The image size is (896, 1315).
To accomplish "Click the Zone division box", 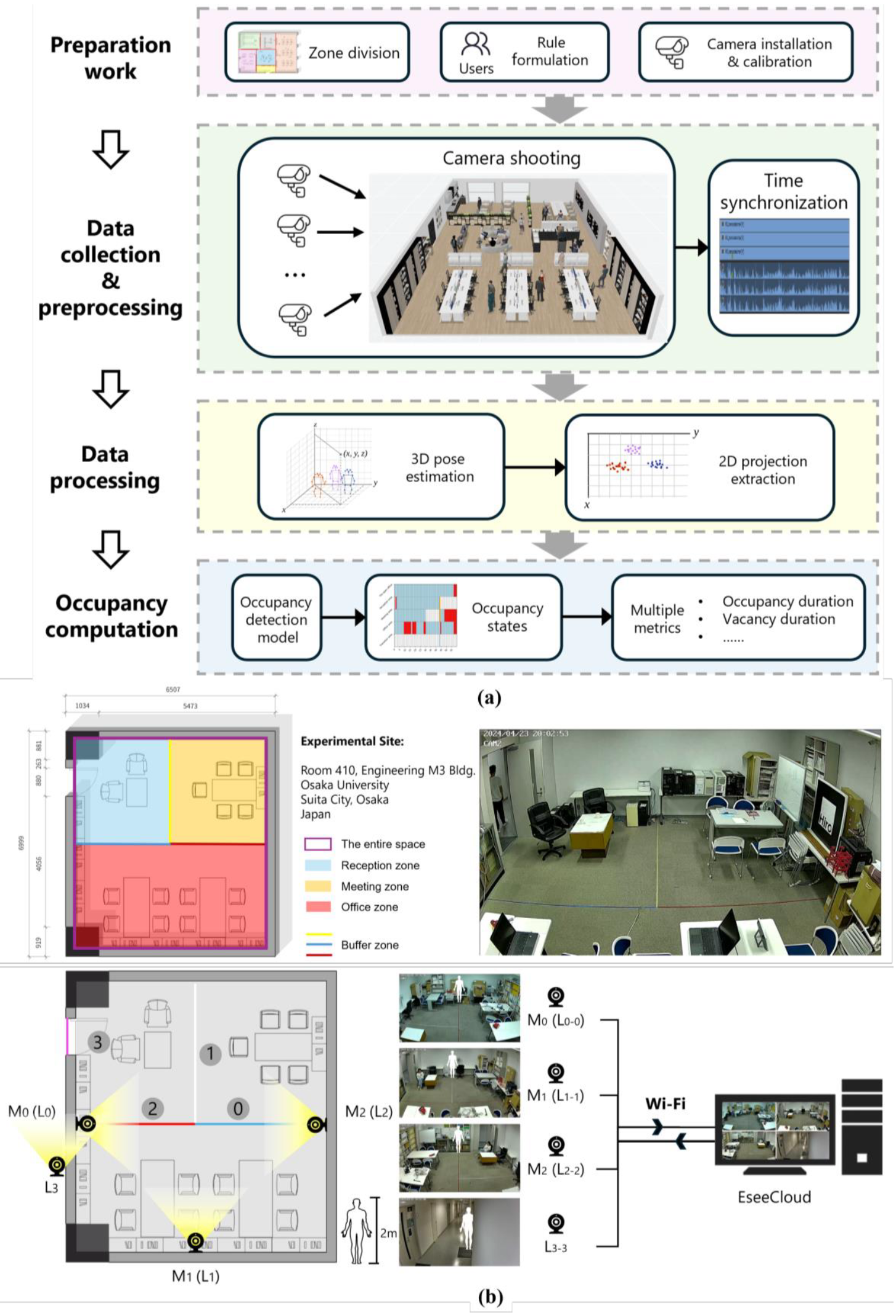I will pyautogui.click(x=317, y=52).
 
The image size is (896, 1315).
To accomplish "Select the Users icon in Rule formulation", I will pyautogui.click(x=476, y=45).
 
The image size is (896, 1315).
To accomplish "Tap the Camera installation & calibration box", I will pyautogui.click(x=746, y=52).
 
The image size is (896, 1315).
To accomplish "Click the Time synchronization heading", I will pyautogui.click(x=783, y=192).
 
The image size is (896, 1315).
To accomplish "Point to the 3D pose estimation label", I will pyautogui.click(x=439, y=468).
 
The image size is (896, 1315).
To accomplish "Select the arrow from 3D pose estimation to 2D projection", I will pyautogui.click(x=534, y=467).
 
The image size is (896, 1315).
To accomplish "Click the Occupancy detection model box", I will pyautogui.click(x=276, y=619).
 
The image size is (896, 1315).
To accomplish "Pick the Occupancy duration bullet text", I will pyautogui.click(x=788, y=601).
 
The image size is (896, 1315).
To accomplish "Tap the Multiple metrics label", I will pyautogui.click(x=657, y=619).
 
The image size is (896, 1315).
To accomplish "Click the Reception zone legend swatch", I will pyautogui.click(x=317, y=865).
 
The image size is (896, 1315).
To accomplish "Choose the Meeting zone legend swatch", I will pyautogui.click(x=317, y=886).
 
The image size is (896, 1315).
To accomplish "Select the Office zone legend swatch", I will pyautogui.click(x=317, y=907).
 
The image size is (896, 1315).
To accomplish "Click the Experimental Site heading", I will pyautogui.click(x=352, y=741).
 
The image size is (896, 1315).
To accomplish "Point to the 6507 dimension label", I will pyautogui.click(x=173, y=690).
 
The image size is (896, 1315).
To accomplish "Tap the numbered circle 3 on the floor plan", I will pyautogui.click(x=97, y=1043).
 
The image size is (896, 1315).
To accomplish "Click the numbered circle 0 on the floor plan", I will pyautogui.click(x=238, y=1109).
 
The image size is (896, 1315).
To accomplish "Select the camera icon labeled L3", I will pyautogui.click(x=57, y=1165).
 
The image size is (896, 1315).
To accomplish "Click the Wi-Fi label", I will pyautogui.click(x=665, y=1104).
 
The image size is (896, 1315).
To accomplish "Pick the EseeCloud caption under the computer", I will pyautogui.click(x=774, y=1197).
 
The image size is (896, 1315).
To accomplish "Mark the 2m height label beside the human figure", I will pyautogui.click(x=388, y=1233).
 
